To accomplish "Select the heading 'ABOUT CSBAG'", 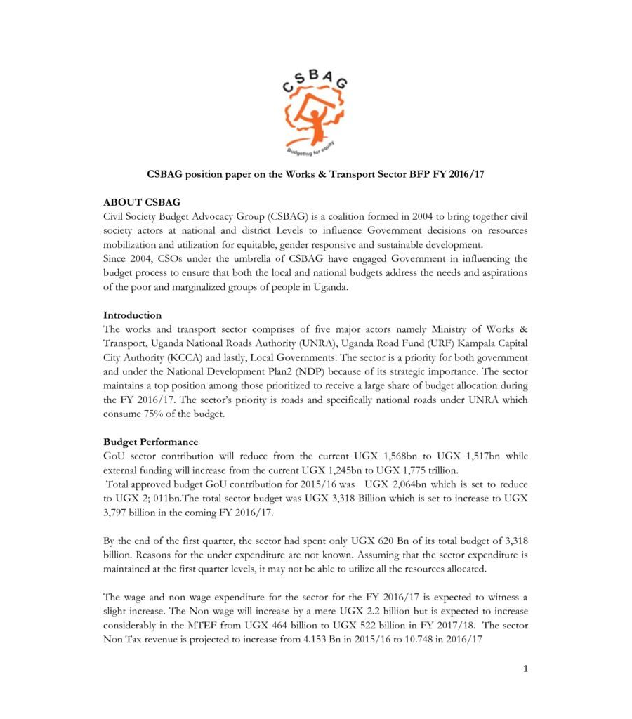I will pyautogui.click(x=142, y=202).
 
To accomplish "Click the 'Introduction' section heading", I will pyautogui.click(x=132, y=315).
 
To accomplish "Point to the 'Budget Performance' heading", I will pyautogui.click(x=150, y=442).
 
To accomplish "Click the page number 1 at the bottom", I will pyautogui.click(x=525, y=668).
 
